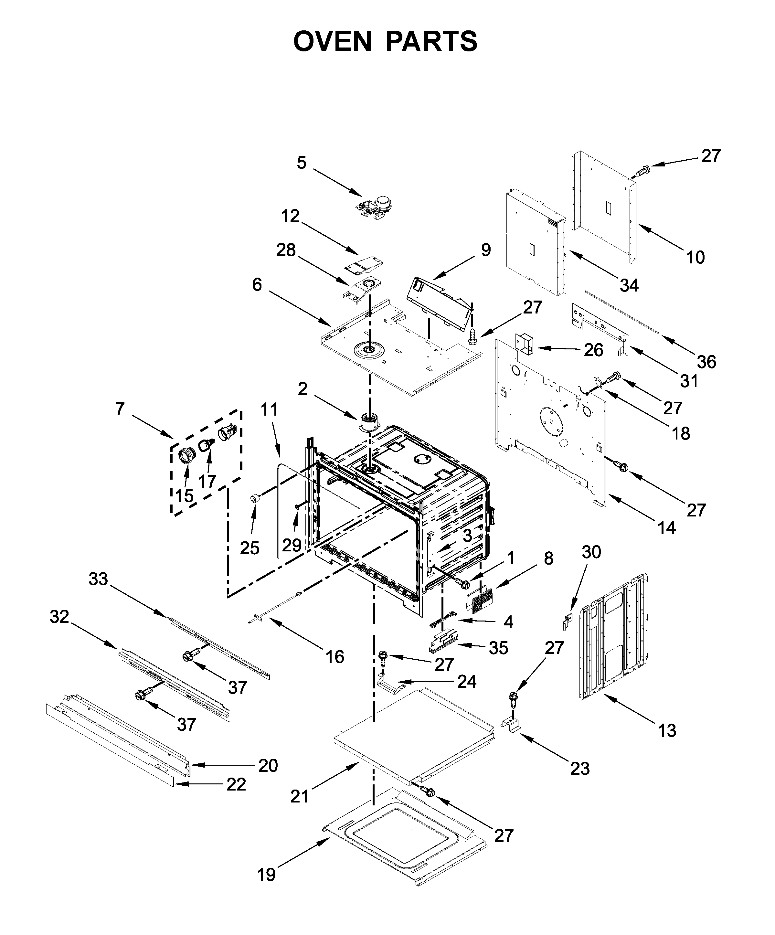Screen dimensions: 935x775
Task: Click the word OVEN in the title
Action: click(x=332, y=41)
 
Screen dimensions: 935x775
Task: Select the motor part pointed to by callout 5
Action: click(x=377, y=207)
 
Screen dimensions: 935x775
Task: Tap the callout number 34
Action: click(x=629, y=285)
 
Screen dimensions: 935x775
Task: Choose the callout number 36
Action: click(x=706, y=362)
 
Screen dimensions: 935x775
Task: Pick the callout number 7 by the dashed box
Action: click(x=120, y=408)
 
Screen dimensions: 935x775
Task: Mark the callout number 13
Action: click(x=667, y=731)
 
